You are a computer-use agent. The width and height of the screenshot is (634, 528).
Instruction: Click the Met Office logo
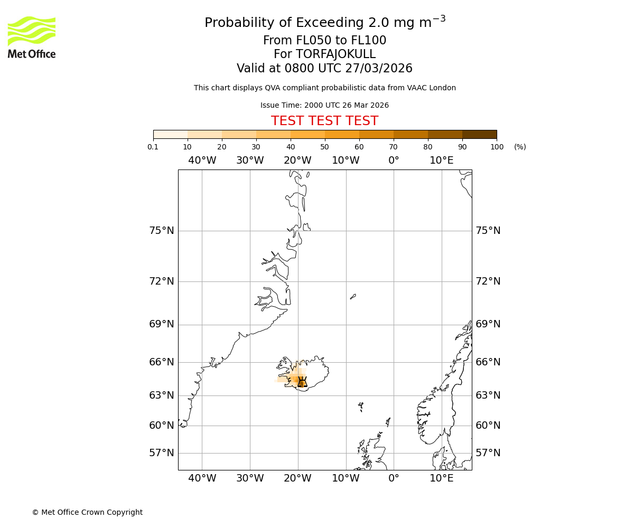[32, 37]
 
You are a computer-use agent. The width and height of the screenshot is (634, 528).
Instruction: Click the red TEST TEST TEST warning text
[324, 121]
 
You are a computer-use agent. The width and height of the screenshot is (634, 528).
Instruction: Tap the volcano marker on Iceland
[302, 382]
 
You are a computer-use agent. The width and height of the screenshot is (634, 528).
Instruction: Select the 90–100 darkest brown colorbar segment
[479, 135]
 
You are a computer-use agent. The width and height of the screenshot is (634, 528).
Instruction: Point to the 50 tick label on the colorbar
[325, 147]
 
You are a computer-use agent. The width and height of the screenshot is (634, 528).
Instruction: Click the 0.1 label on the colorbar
[153, 147]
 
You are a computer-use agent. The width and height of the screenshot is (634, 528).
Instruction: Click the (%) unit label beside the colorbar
[520, 147]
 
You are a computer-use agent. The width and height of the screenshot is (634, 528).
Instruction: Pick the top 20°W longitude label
[297, 161]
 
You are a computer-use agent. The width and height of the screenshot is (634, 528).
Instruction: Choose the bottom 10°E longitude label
[442, 478]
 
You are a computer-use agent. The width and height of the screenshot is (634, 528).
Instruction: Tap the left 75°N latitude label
[162, 231]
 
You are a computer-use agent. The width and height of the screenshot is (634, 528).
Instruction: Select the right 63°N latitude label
[488, 395]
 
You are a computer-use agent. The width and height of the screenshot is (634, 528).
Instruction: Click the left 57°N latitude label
[162, 453]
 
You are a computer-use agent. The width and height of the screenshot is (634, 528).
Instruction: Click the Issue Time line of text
[324, 106]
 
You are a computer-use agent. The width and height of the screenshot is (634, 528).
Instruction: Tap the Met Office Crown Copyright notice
[87, 512]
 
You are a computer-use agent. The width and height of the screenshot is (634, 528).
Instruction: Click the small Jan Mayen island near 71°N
[353, 297]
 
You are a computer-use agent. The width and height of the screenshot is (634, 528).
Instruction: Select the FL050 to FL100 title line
[324, 41]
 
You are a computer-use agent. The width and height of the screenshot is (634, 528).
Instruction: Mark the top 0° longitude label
[394, 161]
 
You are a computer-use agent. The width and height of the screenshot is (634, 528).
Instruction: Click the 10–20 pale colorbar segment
[204, 135]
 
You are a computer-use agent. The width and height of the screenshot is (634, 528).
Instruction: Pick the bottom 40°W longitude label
[202, 478]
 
